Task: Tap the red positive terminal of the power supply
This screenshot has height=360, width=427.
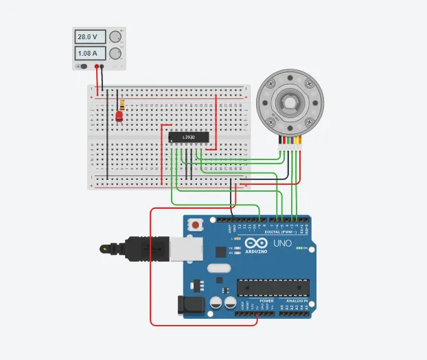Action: click(104, 67)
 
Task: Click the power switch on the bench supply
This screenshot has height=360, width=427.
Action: click(82, 67)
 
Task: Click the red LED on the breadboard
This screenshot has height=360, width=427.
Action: click(120, 117)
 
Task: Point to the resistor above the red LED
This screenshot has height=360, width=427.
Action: click(122, 105)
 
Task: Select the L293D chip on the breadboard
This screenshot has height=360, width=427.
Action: click(188, 137)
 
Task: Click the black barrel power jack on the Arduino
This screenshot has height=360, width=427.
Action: click(188, 306)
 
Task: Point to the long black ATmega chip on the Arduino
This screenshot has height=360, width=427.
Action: click(273, 289)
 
